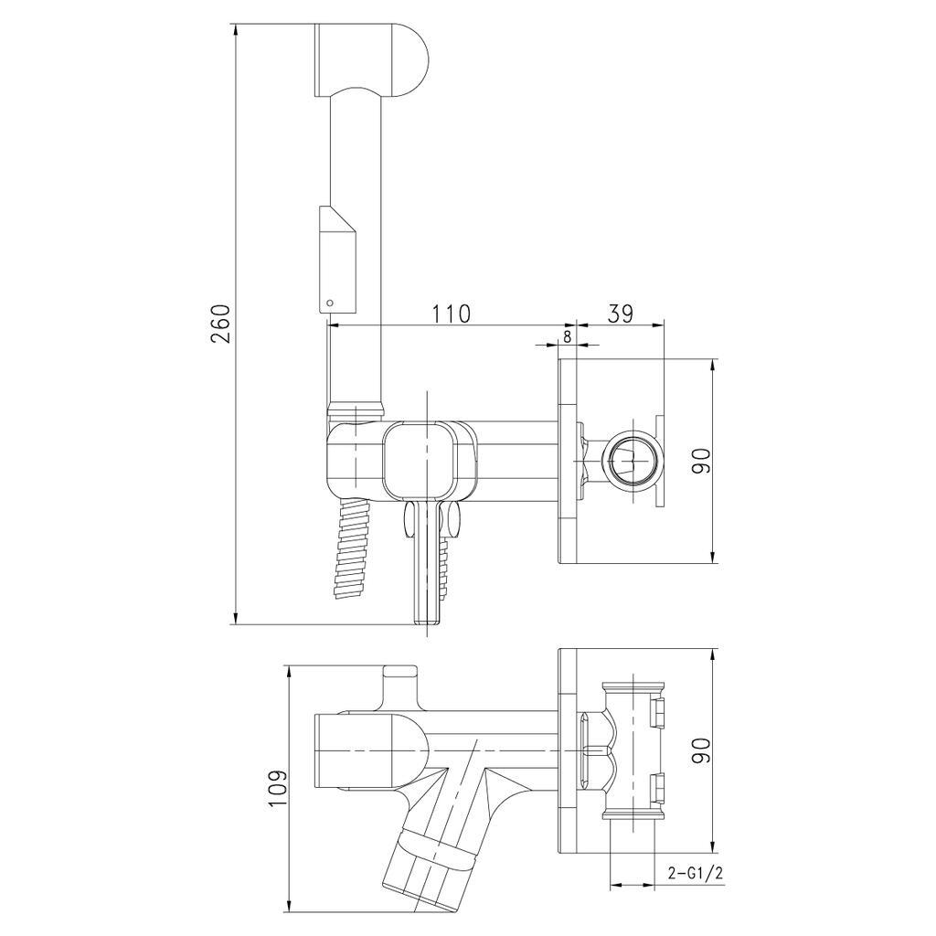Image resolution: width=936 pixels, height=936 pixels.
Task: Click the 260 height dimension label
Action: click(x=221, y=324)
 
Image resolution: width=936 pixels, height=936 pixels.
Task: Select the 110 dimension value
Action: click(x=451, y=314)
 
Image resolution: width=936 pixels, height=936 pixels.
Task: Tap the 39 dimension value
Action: click(x=621, y=314)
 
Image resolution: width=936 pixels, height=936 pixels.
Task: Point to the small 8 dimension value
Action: click(x=567, y=336)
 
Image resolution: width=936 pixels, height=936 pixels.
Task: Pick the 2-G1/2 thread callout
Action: click(x=696, y=874)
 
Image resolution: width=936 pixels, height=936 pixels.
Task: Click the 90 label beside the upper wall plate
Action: click(x=702, y=461)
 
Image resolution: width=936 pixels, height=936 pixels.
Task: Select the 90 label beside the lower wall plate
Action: click(x=702, y=750)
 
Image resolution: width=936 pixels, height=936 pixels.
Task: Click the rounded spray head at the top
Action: click(x=370, y=59)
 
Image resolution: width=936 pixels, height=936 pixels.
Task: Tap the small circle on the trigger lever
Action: click(x=329, y=303)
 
